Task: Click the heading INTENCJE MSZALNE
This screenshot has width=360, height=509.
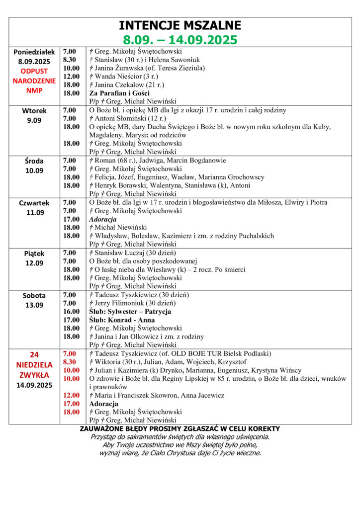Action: pos(180,26)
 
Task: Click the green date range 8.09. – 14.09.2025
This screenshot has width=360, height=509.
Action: pos(180,40)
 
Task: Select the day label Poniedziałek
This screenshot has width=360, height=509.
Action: pos(35,52)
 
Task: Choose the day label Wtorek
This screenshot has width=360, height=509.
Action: pos(35,110)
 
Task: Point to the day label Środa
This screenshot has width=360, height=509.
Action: pos(35,161)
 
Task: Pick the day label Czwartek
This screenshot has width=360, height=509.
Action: pos(35,203)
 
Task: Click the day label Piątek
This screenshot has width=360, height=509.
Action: pos(35,254)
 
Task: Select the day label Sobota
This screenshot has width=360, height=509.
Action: pos(35,296)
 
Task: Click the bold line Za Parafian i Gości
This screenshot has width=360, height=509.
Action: pos(119,93)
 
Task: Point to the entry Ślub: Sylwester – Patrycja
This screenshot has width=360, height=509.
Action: pos(130,312)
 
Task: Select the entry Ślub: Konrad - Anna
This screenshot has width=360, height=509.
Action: pos(122,320)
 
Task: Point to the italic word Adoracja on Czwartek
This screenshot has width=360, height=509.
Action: pos(102,219)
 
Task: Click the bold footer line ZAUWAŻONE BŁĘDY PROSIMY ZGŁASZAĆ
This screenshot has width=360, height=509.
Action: pos(180,428)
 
